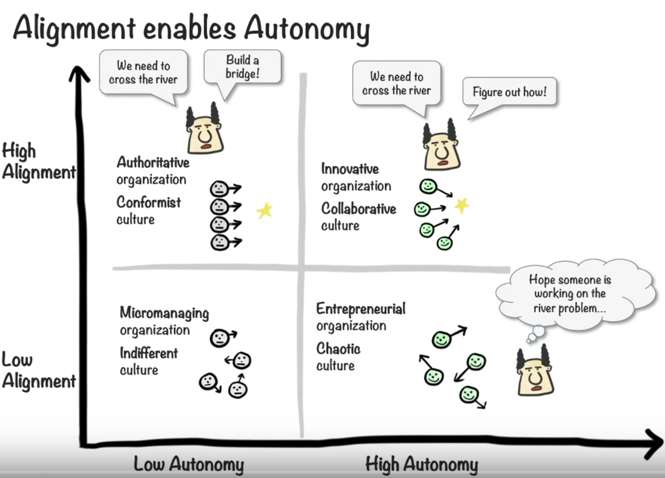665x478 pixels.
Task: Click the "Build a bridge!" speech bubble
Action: [x=242, y=67]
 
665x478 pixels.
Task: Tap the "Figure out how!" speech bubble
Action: [x=509, y=92]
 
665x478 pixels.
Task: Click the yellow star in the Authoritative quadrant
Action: [x=264, y=211]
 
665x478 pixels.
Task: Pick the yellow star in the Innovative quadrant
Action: [x=462, y=205]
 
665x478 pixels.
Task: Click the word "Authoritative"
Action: [x=153, y=162]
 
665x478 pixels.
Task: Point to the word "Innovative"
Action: [x=350, y=169]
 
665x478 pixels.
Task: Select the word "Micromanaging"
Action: [x=164, y=313]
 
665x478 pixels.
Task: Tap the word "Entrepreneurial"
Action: [x=361, y=309]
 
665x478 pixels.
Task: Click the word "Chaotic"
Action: [x=338, y=349]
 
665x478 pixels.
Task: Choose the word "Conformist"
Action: [x=148, y=202]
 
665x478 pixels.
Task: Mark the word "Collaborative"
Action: [x=359, y=208]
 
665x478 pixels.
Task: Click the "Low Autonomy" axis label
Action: [x=189, y=464]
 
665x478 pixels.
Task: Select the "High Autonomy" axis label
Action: [x=422, y=464]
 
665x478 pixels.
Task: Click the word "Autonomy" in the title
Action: [x=306, y=28]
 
